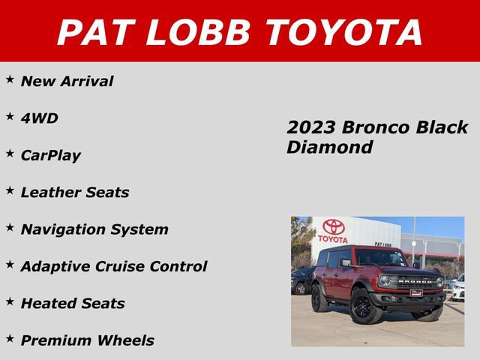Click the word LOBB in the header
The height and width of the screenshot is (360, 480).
pyautogui.click(x=198, y=32)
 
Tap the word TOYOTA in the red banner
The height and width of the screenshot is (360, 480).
pyautogui.click(x=344, y=32)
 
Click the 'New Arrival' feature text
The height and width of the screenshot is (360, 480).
pyautogui.click(x=67, y=82)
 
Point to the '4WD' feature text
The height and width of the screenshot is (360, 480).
pyautogui.click(x=39, y=118)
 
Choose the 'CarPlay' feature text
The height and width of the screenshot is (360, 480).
pyautogui.click(x=50, y=156)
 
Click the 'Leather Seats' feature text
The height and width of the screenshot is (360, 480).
pyautogui.click(x=74, y=192)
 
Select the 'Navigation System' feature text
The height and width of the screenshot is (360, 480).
pyautogui.click(x=94, y=229)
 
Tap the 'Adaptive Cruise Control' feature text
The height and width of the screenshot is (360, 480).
pyautogui.click(x=113, y=266)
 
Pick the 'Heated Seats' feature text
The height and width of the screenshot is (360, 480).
pyautogui.click(x=73, y=304)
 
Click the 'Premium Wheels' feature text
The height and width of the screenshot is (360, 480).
pyautogui.click(x=87, y=340)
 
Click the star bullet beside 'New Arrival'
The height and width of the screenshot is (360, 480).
pyautogui.click(x=10, y=79)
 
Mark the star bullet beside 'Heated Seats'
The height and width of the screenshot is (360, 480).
pyautogui.click(x=10, y=301)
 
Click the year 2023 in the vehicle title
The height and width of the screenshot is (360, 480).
pyautogui.click(x=308, y=127)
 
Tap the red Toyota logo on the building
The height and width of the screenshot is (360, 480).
pyautogui.click(x=332, y=227)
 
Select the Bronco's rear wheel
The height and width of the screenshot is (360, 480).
pyautogui.click(x=320, y=298)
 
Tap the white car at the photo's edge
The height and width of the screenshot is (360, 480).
pyautogui.click(x=457, y=288)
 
